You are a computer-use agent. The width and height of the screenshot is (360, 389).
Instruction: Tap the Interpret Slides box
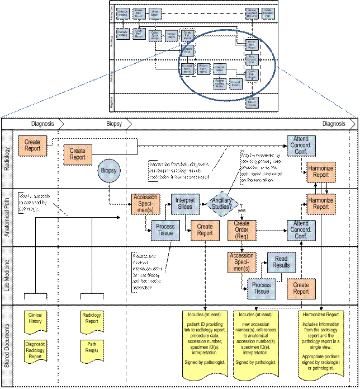(185, 204)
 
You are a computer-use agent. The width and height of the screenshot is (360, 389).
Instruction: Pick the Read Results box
(281, 263)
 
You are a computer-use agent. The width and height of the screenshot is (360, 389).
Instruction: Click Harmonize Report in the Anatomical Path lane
(321, 204)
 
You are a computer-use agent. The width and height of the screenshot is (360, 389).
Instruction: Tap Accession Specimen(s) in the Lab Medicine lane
(241, 263)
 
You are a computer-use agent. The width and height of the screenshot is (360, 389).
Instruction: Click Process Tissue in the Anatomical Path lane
(166, 229)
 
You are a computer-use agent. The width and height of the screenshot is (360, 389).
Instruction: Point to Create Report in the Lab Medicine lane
(301, 289)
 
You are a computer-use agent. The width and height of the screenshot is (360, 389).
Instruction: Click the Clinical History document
(35, 318)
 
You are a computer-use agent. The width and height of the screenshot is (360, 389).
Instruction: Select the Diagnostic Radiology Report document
(35, 350)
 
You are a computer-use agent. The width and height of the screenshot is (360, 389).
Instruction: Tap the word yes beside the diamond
(241, 211)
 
